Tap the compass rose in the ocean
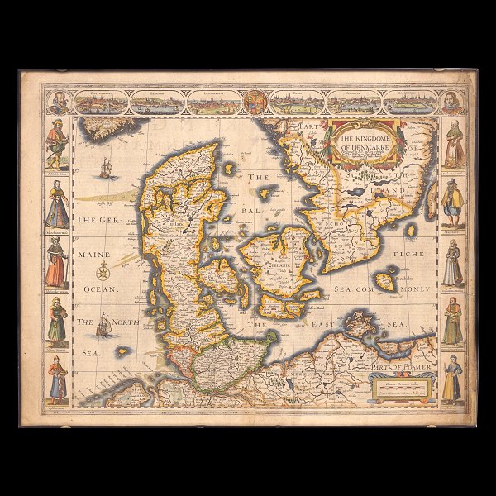point(103,272)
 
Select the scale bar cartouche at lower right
point(404,386)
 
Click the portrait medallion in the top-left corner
point(56,103)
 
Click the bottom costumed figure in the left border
point(56,379)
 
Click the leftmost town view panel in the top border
point(101,103)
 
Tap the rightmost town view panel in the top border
point(408,103)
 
